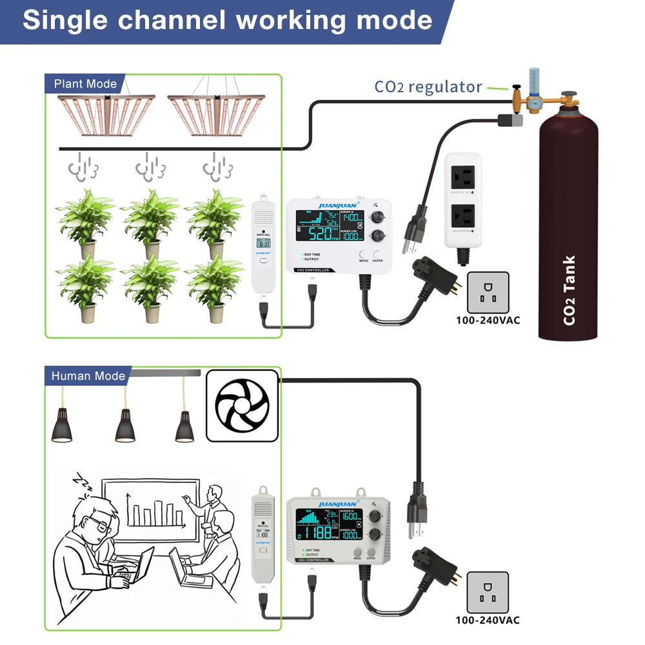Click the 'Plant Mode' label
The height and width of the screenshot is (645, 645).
[x=85, y=84]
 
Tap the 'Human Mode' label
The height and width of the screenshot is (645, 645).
[x=88, y=375]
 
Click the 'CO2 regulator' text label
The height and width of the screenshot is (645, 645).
[x=428, y=86]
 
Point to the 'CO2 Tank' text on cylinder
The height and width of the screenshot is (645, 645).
[x=569, y=290]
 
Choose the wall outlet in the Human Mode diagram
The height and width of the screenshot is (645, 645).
[x=488, y=592]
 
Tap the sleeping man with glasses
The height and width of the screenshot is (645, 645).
[x=90, y=535]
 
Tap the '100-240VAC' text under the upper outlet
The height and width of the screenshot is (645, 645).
[x=488, y=320]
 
